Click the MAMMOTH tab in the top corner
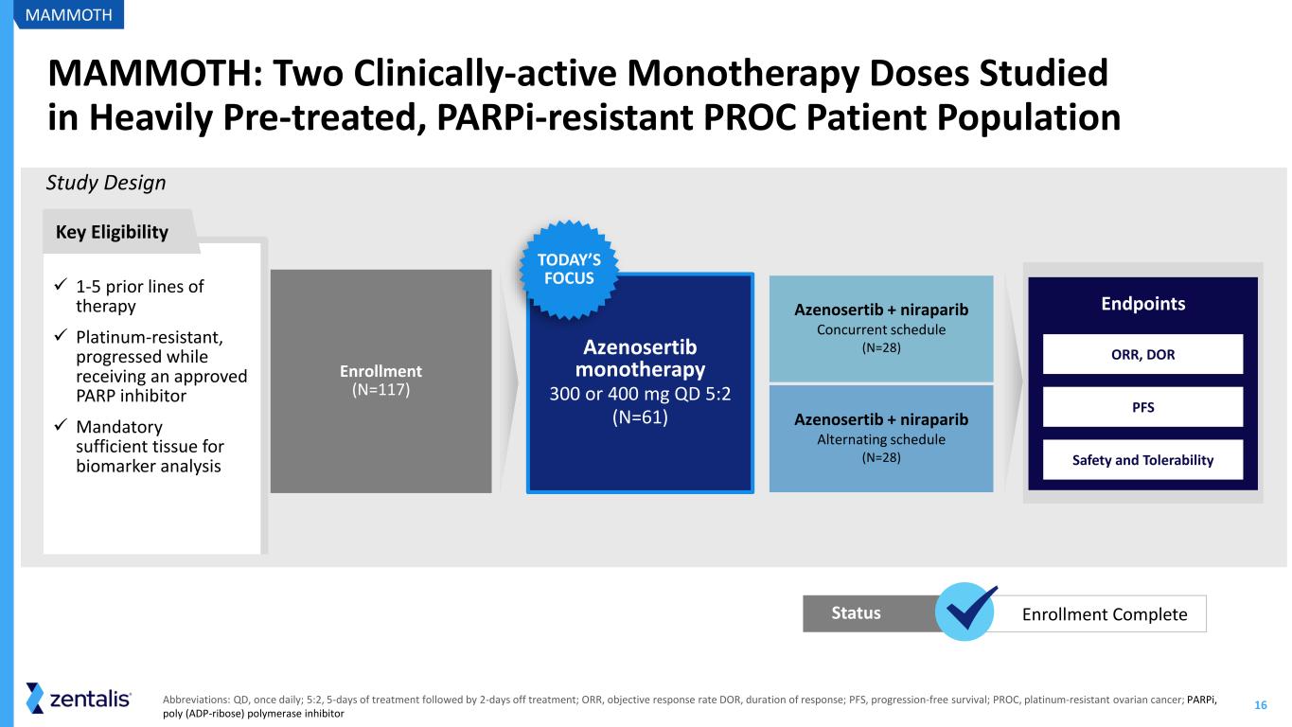click(x=68, y=14)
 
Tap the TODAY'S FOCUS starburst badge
click(x=569, y=269)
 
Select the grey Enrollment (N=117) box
click(x=381, y=381)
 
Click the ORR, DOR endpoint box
click(x=1142, y=354)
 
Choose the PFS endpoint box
click(x=1142, y=407)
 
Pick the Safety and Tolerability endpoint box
click(x=1142, y=460)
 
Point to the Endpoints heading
click(x=1142, y=304)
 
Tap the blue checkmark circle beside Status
click(x=965, y=612)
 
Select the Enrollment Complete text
click(x=1105, y=614)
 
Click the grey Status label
click(x=856, y=612)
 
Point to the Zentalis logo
click(x=79, y=699)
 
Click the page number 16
click(x=1260, y=705)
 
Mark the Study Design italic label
click(x=106, y=183)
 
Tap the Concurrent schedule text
click(x=881, y=329)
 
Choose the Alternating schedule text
click(x=881, y=439)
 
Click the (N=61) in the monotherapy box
click(x=640, y=417)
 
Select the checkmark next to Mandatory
click(x=62, y=425)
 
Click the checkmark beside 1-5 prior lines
click(x=62, y=284)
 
